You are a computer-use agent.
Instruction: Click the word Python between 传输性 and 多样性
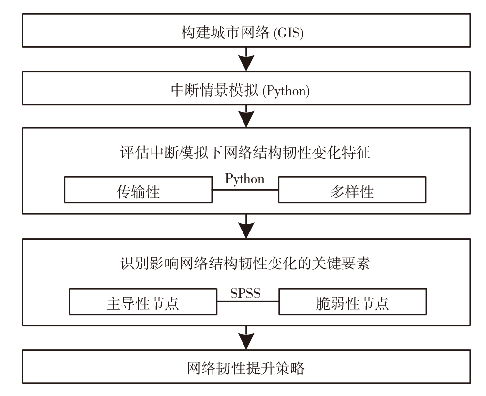[244, 179]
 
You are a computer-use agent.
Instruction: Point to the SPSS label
[245, 293]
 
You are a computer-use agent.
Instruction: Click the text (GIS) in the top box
[289, 33]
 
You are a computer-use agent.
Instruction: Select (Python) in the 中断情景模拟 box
[286, 91]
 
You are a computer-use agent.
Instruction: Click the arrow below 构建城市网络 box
[246, 59]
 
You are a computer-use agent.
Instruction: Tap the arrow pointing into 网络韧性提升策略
[246, 338]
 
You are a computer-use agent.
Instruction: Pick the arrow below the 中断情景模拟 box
[246, 116]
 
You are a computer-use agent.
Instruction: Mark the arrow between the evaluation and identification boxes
[246, 226]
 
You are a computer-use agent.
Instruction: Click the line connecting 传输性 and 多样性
[245, 190]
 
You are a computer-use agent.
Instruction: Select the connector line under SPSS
[248, 301]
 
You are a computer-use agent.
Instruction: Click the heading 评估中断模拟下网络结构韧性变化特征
[245, 152]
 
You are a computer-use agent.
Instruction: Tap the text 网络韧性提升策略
[246, 368]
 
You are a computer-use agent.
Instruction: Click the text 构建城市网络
[225, 33]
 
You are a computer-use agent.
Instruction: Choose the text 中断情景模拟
[214, 90]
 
